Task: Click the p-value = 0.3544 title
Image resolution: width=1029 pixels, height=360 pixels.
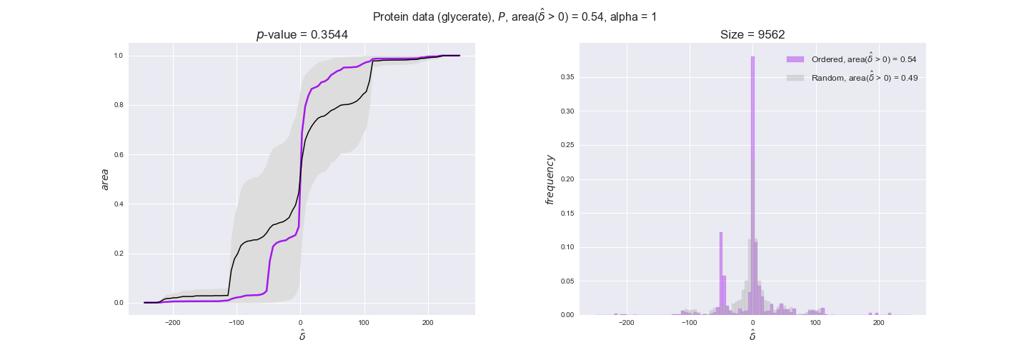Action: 302,35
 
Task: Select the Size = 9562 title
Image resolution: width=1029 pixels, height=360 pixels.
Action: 752,35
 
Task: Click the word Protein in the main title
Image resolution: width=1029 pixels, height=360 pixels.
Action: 392,17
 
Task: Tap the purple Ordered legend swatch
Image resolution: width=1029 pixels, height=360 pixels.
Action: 795,59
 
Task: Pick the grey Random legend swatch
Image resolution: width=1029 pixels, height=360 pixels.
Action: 795,78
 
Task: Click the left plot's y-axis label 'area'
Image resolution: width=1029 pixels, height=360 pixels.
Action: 105,179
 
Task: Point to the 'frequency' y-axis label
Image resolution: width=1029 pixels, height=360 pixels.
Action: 550,179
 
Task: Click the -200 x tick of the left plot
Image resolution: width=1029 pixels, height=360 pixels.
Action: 172,323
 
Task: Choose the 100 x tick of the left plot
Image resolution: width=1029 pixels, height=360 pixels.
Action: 364,323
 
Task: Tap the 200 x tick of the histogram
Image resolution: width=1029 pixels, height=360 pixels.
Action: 879,323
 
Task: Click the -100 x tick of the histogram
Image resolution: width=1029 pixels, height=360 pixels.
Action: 689,323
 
